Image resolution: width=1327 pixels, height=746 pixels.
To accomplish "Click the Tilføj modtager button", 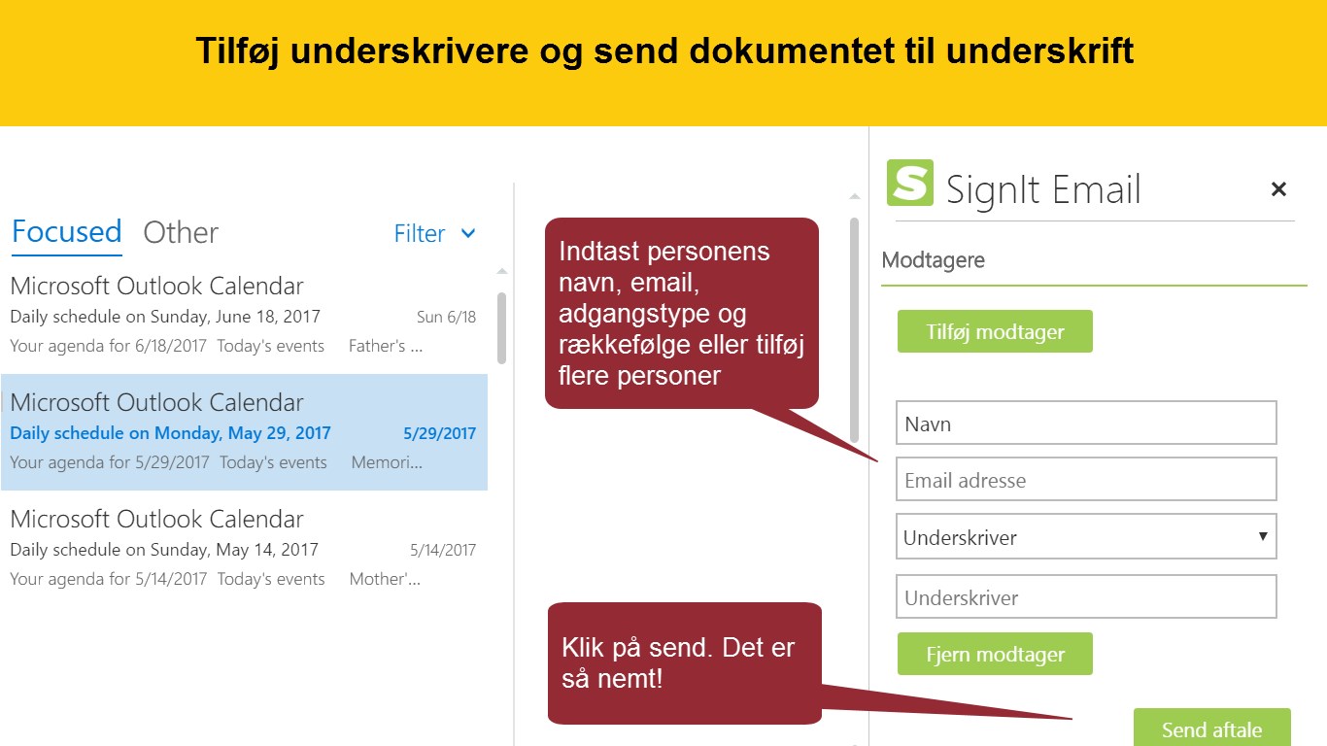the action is pyautogui.click(x=995, y=331).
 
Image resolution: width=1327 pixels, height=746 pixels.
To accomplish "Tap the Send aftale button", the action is pyautogui.click(x=1211, y=728).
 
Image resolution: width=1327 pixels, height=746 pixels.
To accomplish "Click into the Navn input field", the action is pyautogui.click(x=1086, y=424).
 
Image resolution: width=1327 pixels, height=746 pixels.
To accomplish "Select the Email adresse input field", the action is pyautogui.click(x=1086, y=479).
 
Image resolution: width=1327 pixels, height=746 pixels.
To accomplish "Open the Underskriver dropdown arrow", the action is pyautogui.click(x=1263, y=536).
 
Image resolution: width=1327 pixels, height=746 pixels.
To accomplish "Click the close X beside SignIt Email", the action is pyautogui.click(x=1278, y=189).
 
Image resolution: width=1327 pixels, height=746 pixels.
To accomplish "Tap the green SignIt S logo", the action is pyautogui.click(x=910, y=183).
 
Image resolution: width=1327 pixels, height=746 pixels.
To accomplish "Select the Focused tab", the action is pyautogui.click(x=67, y=231).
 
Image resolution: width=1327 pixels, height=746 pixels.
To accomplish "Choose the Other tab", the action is pyautogui.click(x=181, y=232).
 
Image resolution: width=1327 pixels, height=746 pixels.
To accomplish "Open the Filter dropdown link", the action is pyautogui.click(x=434, y=233).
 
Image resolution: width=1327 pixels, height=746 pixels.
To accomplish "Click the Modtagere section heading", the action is pyautogui.click(x=933, y=260).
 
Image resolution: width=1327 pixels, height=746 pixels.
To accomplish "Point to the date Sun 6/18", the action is pyautogui.click(x=446, y=317).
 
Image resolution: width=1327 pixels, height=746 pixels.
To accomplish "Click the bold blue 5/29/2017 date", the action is pyautogui.click(x=439, y=433).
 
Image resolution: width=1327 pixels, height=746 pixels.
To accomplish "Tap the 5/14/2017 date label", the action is pyautogui.click(x=443, y=550).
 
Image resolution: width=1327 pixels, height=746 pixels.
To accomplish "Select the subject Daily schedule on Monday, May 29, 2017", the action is pyautogui.click(x=170, y=433).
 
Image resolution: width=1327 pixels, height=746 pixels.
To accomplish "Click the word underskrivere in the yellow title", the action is pyautogui.click(x=409, y=51).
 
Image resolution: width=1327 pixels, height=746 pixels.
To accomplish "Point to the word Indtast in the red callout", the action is pyautogui.click(x=599, y=252).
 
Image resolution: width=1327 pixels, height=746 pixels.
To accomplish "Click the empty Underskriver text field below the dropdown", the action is pyautogui.click(x=1086, y=596).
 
